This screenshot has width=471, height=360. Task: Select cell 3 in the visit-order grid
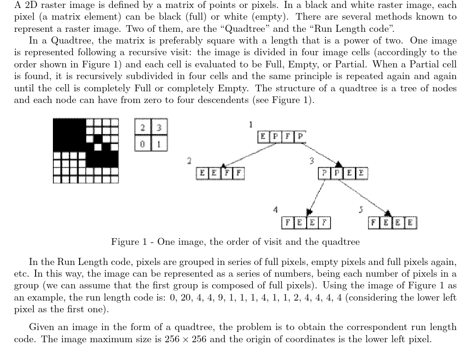tap(159, 127)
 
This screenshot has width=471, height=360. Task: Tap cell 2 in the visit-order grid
tap(142, 127)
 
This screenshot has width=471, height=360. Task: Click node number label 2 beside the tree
tap(189, 161)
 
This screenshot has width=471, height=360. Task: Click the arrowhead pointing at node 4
tap(308, 213)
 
